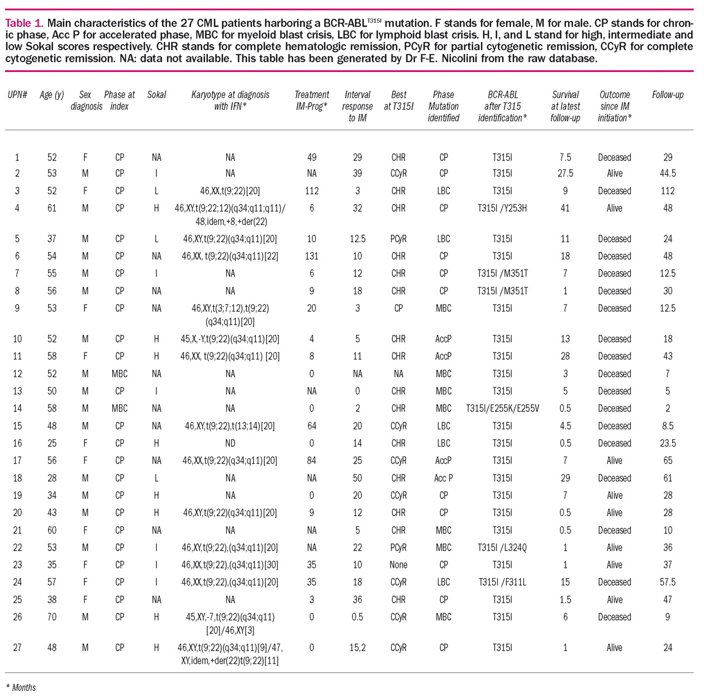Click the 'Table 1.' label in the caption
coord(24,23)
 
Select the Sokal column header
coord(156,95)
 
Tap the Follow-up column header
coord(667,95)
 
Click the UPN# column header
coord(17,95)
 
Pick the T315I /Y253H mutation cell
coord(502,208)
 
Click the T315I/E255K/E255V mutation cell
coord(502,408)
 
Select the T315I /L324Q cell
coord(502,547)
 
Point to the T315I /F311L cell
coord(502,582)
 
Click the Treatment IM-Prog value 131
coord(312,256)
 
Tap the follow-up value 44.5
coord(667,173)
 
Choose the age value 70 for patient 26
coord(51,617)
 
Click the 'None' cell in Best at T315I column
coord(398,565)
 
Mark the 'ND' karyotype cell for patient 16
coord(230,443)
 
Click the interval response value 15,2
coord(357,648)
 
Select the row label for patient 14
coord(17,408)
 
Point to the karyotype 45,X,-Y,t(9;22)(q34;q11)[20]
coord(230,339)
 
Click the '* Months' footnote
coord(21,687)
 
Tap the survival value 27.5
coord(565,173)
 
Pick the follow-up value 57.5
coord(667,582)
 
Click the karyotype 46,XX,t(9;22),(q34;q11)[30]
coord(230,565)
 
